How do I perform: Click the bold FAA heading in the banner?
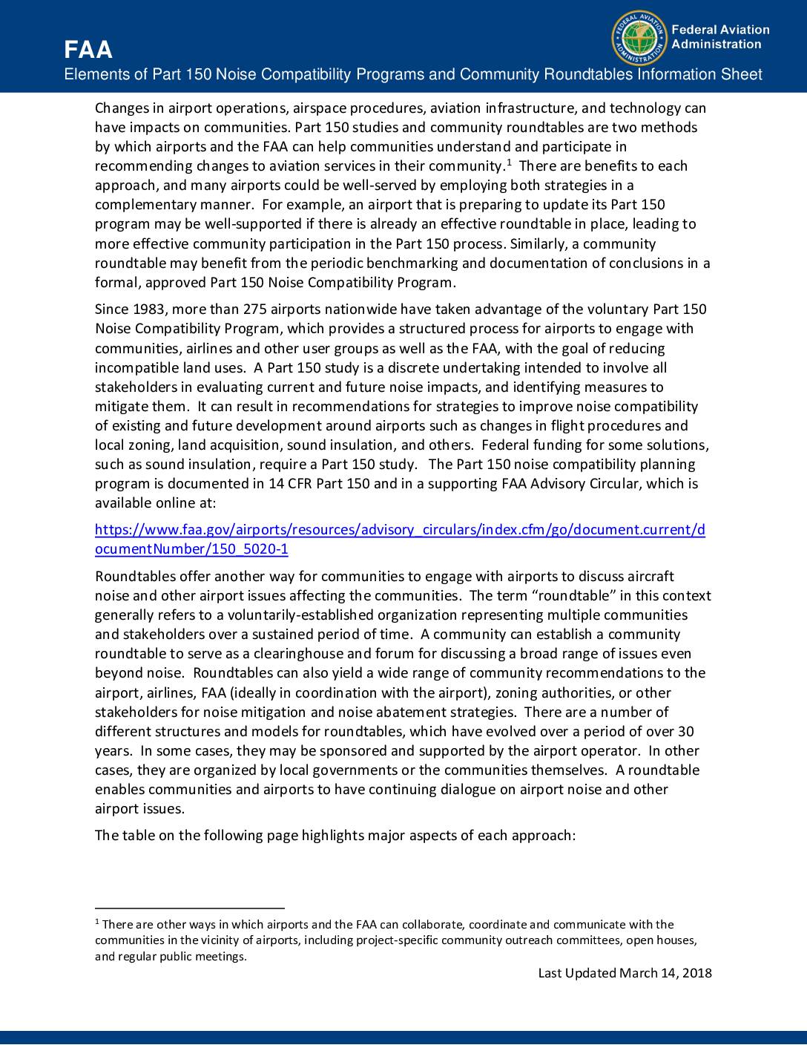pyautogui.click(x=88, y=50)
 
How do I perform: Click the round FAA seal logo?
pyautogui.click(x=638, y=38)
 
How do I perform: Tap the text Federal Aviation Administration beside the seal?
pyautogui.click(x=719, y=37)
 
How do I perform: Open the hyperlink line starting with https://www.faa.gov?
pyautogui.click(x=400, y=530)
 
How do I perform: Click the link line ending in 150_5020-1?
pyautogui.click(x=191, y=549)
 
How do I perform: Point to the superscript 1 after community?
pyautogui.click(x=509, y=163)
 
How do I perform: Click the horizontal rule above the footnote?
pyautogui.click(x=190, y=908)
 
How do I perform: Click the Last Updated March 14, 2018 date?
pyautogui.click(x=625, y=973)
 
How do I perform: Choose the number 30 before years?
pyautogui.click(x=686, y=731)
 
